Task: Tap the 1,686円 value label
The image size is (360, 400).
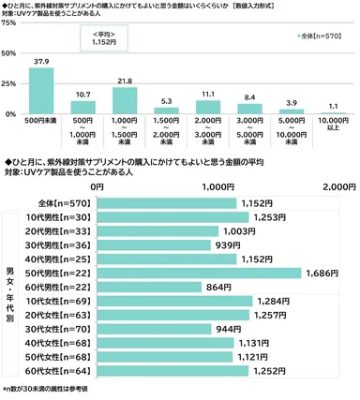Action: [x=323, y=273]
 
